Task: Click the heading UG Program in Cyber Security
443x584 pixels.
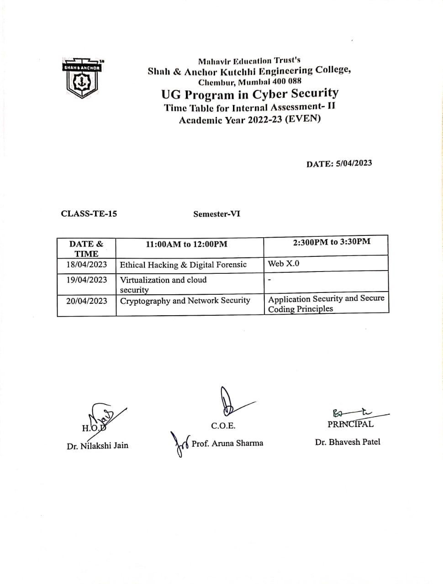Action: [x=250, y=94]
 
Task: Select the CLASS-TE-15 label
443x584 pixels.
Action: [x=89, y=214]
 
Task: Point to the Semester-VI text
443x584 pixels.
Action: [x=216, y=214]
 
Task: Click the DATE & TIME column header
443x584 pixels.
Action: [x=86, y=249]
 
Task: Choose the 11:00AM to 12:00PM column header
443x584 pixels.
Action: [x=186, y=244]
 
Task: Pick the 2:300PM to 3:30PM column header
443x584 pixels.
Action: [x=332, y=242]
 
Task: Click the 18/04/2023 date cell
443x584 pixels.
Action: [x=87, y=265]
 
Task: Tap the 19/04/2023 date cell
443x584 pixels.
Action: [x=87, y=280]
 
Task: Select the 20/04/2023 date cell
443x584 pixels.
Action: [x=87, y=301]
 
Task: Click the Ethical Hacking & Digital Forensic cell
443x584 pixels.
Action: [x=183, y=265]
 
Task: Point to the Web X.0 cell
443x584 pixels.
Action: [x=284, y=263]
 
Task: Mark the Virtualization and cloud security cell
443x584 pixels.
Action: [x=163, y=284]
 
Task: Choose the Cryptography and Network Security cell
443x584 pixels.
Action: [x=185, y=300]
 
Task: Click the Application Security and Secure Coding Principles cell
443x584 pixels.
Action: [x=326, y=303]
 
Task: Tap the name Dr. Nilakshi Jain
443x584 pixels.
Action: [x=97, y=446]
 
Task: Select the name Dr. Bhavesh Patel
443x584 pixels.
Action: [x=347, y=442]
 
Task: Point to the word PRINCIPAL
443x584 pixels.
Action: [x=350, y=424]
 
